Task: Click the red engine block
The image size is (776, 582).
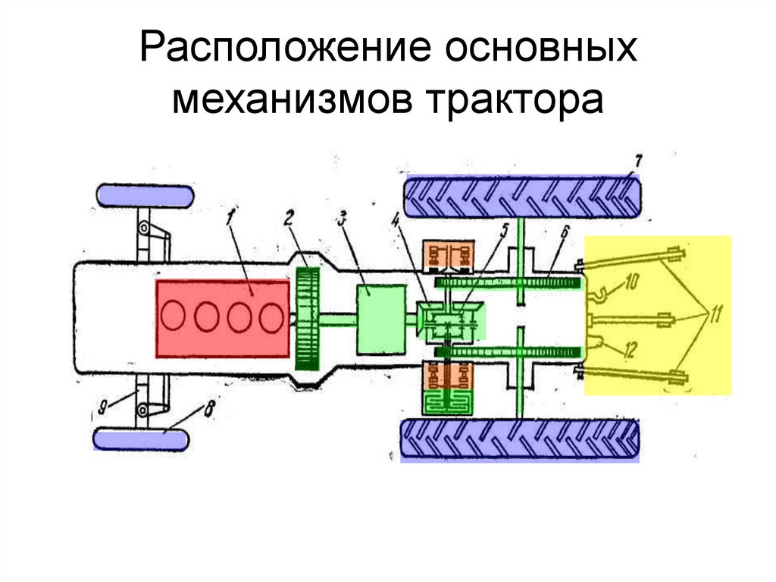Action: tap(223, 319)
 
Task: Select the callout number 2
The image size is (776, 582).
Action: tap(289, 217)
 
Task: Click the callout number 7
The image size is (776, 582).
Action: tap(638, 162)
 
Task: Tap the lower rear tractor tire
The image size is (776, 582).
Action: tap(520, 440)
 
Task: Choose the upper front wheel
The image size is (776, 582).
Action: tap(145, 195)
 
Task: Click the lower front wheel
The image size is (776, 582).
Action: tap(141, 439)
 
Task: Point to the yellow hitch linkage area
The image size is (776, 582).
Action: tap(658, 315)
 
